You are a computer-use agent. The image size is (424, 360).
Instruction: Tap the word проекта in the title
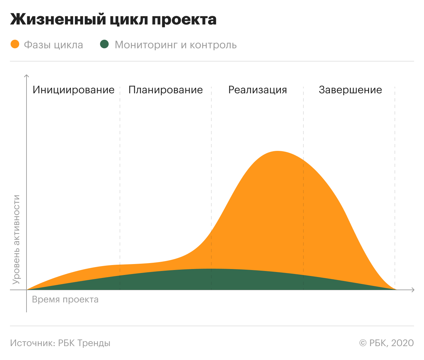(x=184, y=20)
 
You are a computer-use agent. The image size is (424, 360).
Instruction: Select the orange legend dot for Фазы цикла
(x=15, y=44)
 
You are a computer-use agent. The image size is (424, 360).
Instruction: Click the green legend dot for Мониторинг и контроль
(x=104, y=44)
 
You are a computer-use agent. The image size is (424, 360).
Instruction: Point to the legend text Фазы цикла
(x=53, y=45)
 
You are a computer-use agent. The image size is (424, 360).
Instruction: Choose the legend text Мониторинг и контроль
(x=176, y=45)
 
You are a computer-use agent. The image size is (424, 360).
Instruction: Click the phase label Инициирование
(x=74, y=90)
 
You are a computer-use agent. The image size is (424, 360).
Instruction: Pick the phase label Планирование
(x=166, y=90)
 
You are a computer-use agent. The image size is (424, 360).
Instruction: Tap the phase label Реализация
(x=258, y=90)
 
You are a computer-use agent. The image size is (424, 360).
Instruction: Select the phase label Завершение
(x=350, y=90)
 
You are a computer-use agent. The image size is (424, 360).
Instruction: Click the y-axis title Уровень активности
(x=16, y=240)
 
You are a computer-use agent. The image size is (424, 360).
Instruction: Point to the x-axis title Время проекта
(x=65, y=300)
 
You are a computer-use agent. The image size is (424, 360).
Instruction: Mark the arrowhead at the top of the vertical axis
(x=26, y=76)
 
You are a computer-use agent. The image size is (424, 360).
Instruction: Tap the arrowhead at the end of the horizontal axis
(x=413, y=290)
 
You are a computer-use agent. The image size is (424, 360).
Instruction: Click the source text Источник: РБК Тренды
(x=60, y=343)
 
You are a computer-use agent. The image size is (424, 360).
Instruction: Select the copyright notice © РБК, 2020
(x=387, y=343)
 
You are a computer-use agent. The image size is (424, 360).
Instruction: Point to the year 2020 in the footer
(x=402, y=343)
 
